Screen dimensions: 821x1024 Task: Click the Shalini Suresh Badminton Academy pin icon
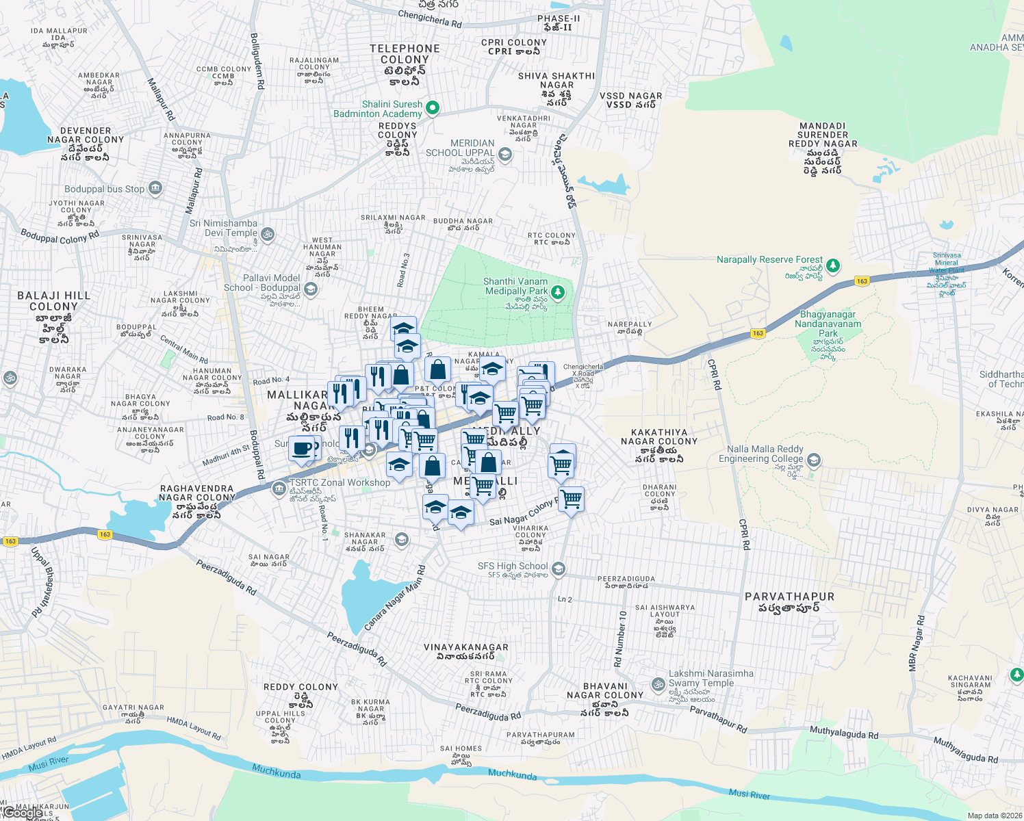[432, 108]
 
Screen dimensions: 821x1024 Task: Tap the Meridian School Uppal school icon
[505, 154]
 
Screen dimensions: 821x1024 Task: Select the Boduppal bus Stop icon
[155, 188]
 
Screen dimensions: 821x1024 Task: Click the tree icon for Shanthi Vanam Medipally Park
[558, 293]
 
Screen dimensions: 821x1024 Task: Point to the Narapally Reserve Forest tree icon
[832, 265]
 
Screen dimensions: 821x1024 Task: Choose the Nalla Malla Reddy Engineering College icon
[814, 460]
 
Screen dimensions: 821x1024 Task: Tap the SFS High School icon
[559, 569]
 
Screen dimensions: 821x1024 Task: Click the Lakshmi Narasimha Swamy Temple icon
[658, 683]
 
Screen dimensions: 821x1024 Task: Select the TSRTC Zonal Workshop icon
[279, 488]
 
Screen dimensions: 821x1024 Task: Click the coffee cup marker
[302, 449]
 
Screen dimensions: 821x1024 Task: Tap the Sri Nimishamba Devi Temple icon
[268, 234]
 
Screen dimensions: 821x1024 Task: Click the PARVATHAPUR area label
[789, 597]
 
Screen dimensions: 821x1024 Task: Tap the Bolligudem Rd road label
[257, 62]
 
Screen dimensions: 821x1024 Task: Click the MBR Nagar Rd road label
[916, 643]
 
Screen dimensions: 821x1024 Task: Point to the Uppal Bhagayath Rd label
[41, 582]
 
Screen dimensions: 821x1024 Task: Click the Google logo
[22, 812]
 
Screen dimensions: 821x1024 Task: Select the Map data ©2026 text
[994, 816]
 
